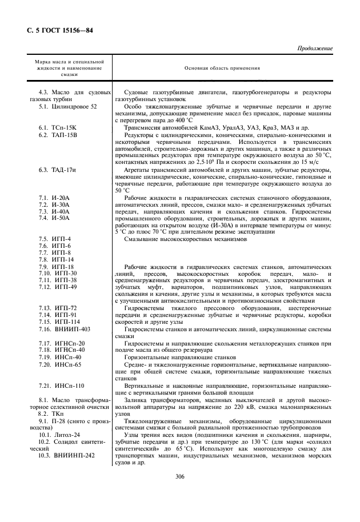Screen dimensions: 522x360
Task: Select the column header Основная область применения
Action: coord(222,67)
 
